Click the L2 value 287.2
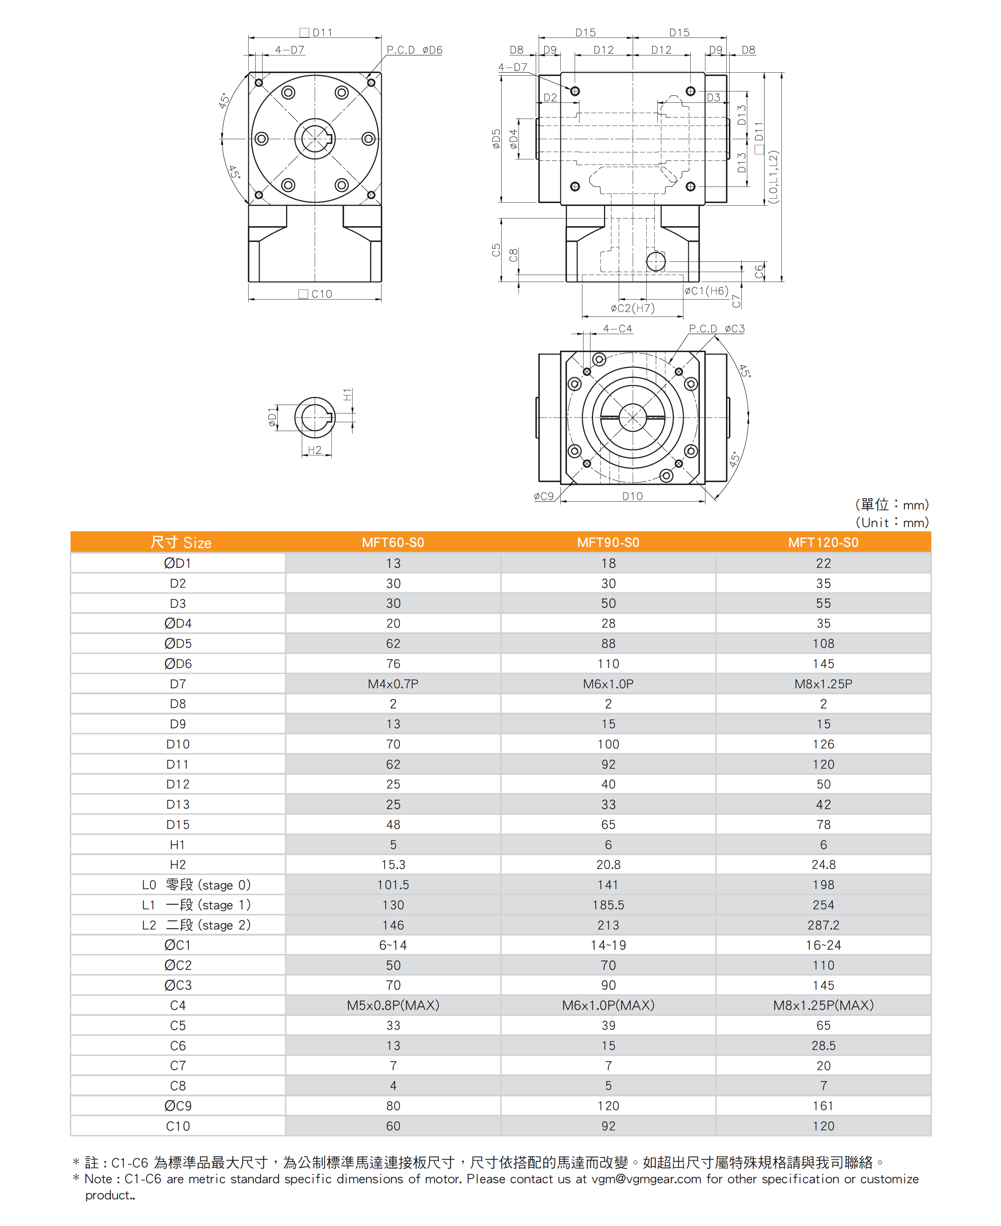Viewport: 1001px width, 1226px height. coord(823,925)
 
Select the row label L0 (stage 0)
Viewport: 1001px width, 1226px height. coord(196,885)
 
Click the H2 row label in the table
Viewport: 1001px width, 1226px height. coord(178,864)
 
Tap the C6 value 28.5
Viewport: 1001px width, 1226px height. coord(823,1045)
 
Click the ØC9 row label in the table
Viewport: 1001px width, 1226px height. coord(178,1106)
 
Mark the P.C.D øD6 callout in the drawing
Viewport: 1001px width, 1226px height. coord(414,50)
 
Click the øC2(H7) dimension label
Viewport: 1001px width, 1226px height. coord(633,308)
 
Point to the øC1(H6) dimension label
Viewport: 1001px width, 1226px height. coord(707,291)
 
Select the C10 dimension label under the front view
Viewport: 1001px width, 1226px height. coord(316,294)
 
